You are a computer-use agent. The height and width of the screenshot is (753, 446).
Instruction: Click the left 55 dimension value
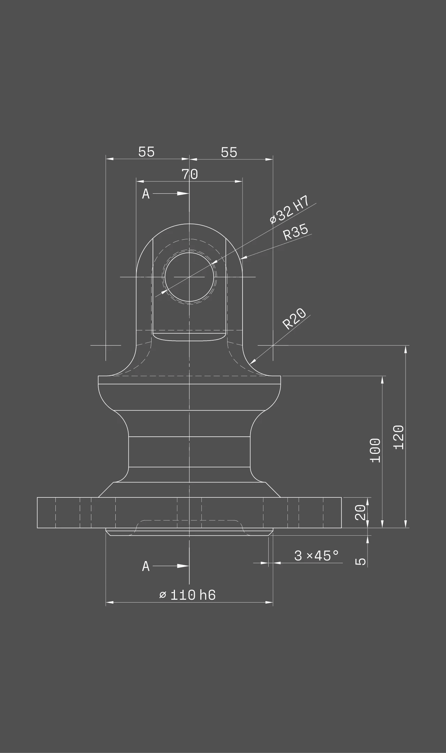click(146, 152)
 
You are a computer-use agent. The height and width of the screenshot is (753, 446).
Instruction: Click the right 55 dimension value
click(229, 152)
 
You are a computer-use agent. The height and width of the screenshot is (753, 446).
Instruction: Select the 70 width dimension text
click(190, 174)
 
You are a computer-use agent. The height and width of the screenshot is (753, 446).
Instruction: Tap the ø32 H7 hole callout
click(289, 209)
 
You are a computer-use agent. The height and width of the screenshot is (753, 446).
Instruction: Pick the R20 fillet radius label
click(294, 319)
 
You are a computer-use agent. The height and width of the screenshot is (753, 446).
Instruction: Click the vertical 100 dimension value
click(375, 450)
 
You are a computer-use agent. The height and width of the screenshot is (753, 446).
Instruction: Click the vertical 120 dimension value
click(399, 437)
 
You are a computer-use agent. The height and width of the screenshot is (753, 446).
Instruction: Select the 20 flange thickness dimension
click(361, 512)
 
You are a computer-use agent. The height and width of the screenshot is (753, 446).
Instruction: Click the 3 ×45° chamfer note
click(316, 556)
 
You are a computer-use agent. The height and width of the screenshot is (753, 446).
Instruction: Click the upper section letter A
click(146, 194)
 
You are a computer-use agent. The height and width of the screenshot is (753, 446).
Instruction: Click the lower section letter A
click(146, 566)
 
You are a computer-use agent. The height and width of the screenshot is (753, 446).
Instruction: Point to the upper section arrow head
click(183, 193)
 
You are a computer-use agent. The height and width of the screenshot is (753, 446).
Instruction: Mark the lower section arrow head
click(183, 566)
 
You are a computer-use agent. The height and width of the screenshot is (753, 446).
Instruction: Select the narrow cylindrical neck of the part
click(189, 451)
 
